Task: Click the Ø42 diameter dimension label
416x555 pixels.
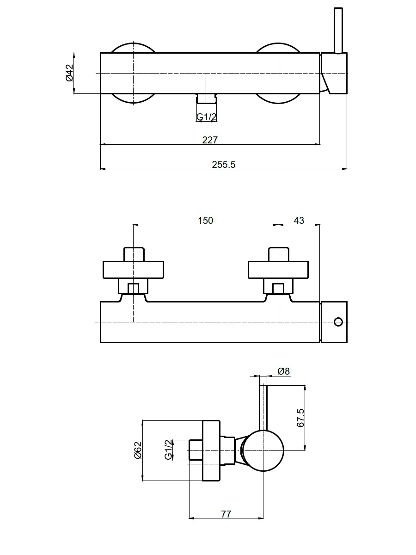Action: tap(69, 73)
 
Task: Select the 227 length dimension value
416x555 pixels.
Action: tap(210, 140)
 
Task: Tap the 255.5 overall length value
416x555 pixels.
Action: tap(224, 164)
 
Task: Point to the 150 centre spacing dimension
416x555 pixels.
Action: tap(205, 221)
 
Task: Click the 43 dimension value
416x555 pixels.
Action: tap(299, 221)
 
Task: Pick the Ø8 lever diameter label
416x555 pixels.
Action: tap(283, 371)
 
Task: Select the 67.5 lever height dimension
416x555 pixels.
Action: tap(300, 418)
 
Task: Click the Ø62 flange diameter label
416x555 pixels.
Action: tap(138, 450)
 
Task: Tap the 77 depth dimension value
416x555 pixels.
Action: tap(226, 514)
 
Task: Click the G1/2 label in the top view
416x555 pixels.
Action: tap(206, 117)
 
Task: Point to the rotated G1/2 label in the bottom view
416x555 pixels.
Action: tap(168, 450)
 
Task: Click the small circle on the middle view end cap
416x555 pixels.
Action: tap(338, 322)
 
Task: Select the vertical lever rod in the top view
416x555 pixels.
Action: tap(338, 31)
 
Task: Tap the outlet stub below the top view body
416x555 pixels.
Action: tap(206, 99)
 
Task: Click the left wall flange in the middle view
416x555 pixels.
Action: tap(134, 270)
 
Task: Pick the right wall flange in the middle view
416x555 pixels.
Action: tap(278, 270)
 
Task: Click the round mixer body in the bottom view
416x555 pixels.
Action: tap(263, 450)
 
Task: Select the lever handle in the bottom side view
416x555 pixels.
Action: tap(263, 407)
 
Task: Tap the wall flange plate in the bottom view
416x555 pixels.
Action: tap(211, 450)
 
